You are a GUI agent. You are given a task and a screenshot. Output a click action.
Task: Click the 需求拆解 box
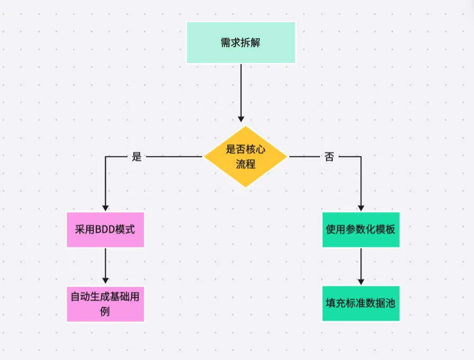[241, 43]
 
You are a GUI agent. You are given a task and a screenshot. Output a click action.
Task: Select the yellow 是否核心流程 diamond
[245, 156]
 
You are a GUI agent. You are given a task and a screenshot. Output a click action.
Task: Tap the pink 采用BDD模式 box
[105, 230]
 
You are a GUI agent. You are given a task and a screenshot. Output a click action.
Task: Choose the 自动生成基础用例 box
[105, 303]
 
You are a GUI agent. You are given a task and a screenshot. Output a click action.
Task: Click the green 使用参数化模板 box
[361, 230]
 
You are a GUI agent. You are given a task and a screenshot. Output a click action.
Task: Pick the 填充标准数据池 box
[361, 303]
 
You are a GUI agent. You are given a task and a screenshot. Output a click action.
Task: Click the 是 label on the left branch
[137, 157]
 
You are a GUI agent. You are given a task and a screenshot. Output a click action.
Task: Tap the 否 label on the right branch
[329, 157]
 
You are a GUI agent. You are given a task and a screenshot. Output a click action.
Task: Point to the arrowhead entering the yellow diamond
[241, 118]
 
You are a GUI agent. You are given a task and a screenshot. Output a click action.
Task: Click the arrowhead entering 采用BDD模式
[105, 208]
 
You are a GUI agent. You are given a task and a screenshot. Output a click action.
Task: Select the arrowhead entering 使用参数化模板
[361, 208]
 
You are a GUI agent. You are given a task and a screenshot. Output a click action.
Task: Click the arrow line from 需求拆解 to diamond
[241, 90]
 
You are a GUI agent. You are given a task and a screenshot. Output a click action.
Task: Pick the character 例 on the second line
[105, 311]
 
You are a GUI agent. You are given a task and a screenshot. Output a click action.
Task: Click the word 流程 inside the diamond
[245, 164]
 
